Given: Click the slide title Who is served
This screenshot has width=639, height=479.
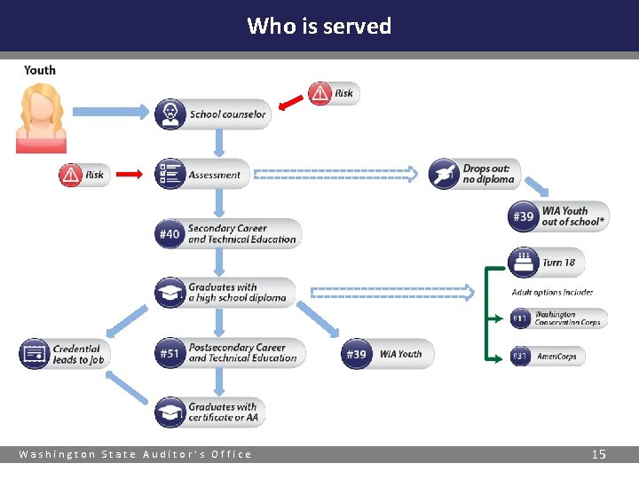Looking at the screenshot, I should (x=319, y=26).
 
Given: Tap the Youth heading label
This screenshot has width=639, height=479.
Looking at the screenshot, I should (x=40, y=70).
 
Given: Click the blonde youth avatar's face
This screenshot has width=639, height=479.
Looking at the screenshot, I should (x=41, y=107).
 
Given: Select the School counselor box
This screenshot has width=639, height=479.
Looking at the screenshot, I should (x=213, y=114).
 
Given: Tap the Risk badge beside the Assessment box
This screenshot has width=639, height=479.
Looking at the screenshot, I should (x=84, y=175).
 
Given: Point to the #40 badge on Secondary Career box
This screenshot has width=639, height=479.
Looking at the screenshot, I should (x=170, y=234).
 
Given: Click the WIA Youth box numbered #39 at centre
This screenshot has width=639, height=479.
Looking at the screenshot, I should (x=387, y=354).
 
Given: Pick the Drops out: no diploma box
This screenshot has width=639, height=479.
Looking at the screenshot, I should (x=474, y=174).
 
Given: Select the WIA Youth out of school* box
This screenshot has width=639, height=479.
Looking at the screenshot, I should (x=558, y=216).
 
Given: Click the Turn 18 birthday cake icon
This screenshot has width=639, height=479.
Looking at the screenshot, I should (x=524, y=262).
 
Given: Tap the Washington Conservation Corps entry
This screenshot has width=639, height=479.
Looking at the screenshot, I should (x=559, y=318).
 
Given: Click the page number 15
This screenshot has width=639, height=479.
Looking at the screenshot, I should (x=599, y=454).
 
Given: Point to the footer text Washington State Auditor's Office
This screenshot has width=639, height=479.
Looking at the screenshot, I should (x=136, y=454).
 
